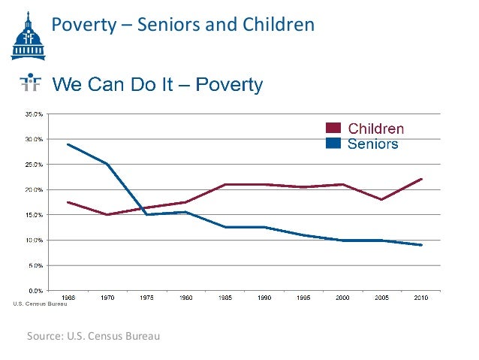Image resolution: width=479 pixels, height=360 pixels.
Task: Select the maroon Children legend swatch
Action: [x=333, y=129]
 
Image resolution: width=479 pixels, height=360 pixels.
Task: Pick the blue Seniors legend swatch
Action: [x=333, y=143]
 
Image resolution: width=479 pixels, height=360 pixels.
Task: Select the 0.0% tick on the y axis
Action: [x=35, y=290]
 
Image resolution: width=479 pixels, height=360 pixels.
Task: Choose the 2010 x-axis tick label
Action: [x=422, y=298]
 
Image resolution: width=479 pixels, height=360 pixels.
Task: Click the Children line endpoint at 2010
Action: [x=422, y=179]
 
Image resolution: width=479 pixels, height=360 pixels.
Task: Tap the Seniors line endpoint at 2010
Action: [x=422, y=245]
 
